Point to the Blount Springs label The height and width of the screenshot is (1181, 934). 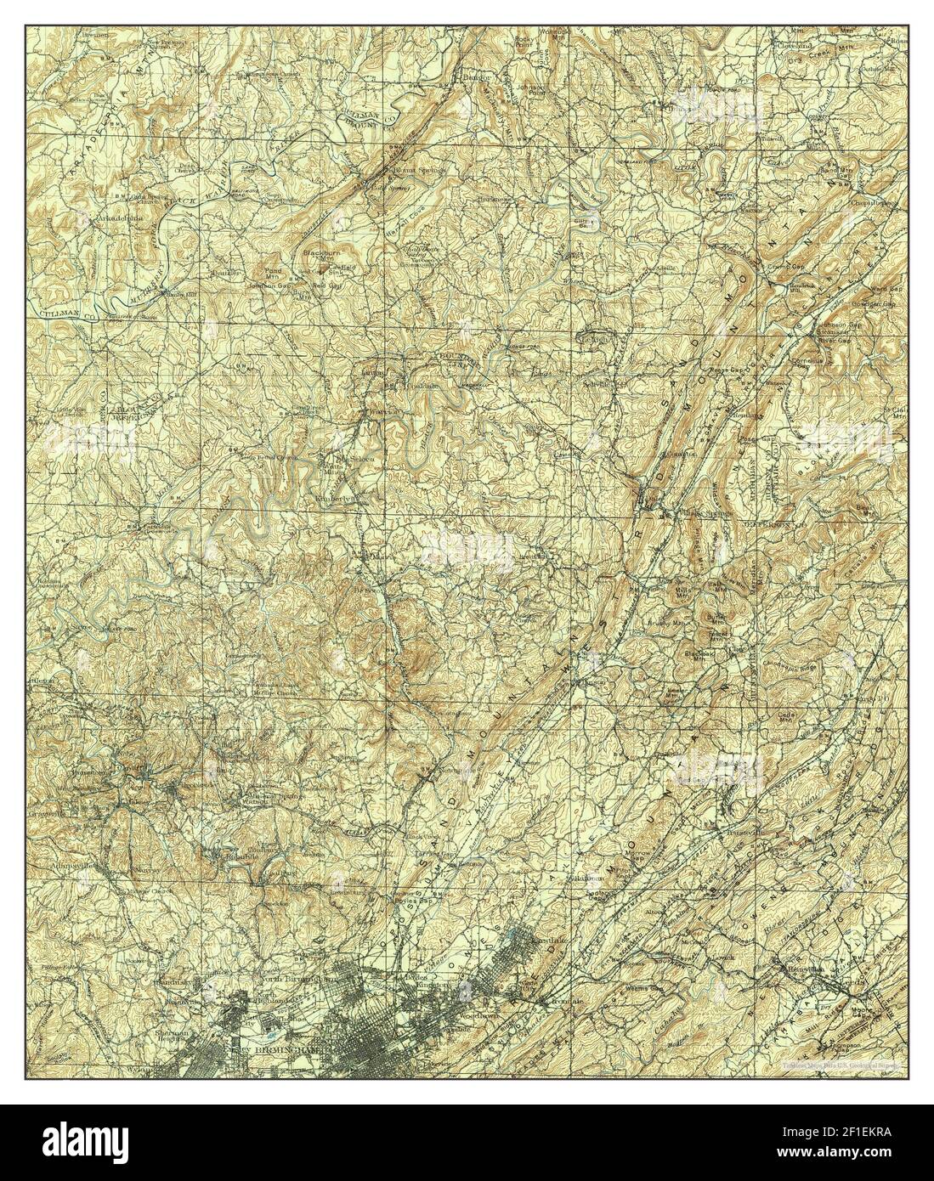tap(405, 169)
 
